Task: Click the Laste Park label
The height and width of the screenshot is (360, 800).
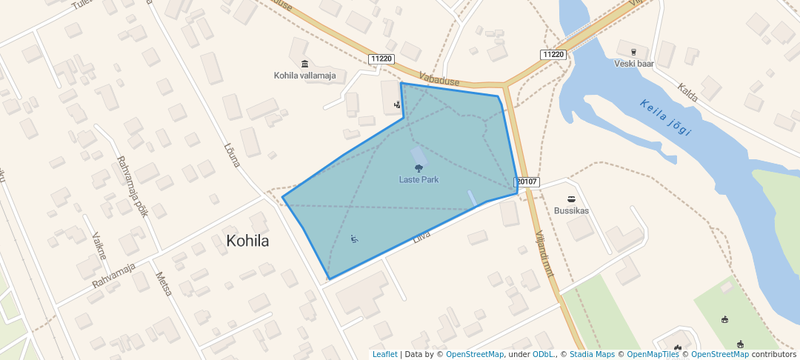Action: tap(419, 180)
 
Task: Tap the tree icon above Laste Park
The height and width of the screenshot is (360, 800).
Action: tap(419, 170)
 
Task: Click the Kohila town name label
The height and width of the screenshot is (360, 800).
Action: tap(247, 241)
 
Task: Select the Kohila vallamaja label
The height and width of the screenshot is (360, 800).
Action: tap(304, 76)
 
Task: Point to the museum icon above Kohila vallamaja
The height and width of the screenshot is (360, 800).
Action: tap(304, 64)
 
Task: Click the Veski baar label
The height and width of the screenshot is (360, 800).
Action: tap(634, 64)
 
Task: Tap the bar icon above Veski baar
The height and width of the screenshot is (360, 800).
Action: tap(634, 52)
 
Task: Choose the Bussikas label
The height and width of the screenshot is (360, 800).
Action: tap(571, 210)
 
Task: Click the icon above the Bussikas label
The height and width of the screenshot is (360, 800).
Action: tap(571, 199)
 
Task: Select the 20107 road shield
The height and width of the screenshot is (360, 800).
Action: tap(527, 181)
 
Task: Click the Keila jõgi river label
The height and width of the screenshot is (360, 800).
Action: tap(666, 118)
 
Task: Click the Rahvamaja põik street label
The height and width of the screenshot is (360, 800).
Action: tap(133, 186)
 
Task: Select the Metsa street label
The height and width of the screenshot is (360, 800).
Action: tap(164, 284)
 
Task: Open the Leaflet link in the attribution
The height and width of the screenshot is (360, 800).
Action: tap(384, 355)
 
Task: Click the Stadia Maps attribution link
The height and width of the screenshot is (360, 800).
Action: tap(592, 355)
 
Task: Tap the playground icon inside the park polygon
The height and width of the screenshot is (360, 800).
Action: tap(355, 239)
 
